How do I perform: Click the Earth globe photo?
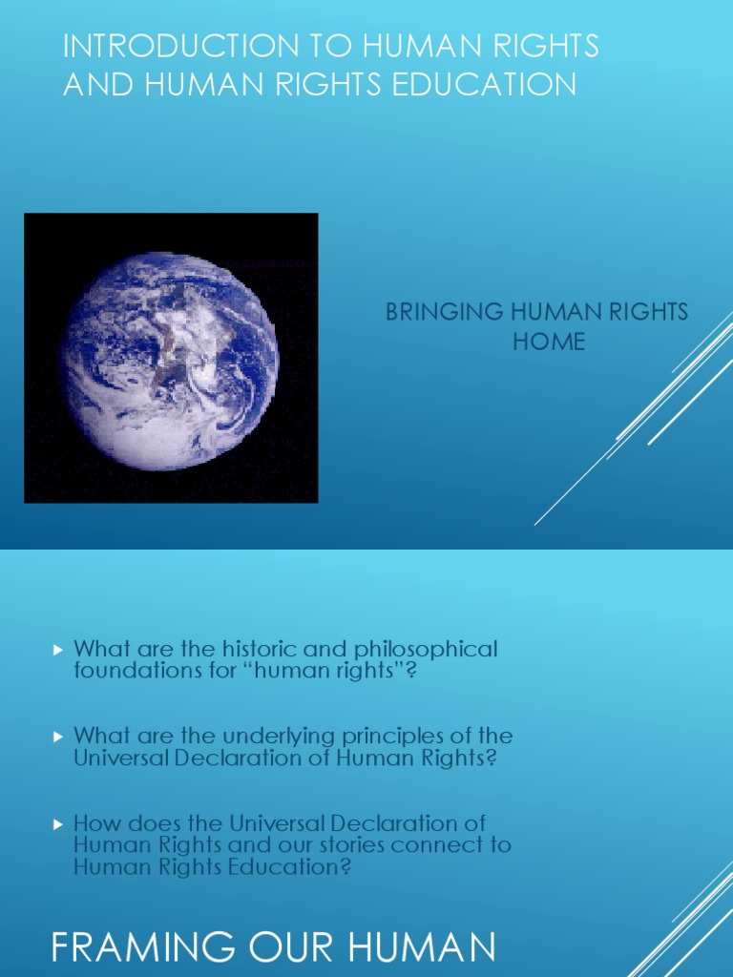pos(171,357)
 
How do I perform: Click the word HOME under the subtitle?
pos(549,341)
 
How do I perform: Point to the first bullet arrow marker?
pos(57,650)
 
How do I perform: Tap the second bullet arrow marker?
pos(57,737)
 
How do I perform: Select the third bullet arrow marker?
pos(57,822)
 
